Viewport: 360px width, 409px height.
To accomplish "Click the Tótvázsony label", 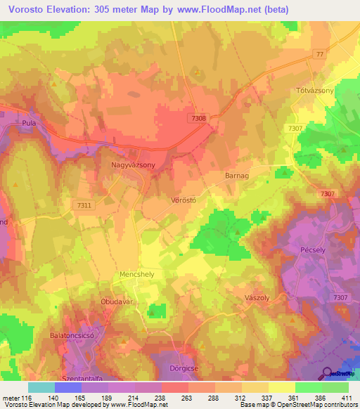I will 311,91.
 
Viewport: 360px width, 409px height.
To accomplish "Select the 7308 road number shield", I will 198,119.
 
